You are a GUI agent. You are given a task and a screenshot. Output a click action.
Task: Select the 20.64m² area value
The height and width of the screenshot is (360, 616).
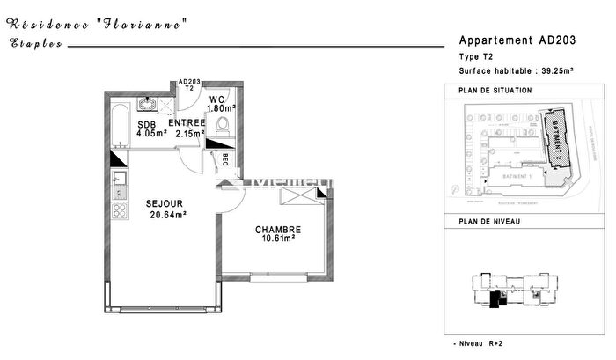click(x=168, y=214)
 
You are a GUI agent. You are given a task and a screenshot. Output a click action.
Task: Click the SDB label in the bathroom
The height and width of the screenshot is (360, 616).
click(x=146, y=125)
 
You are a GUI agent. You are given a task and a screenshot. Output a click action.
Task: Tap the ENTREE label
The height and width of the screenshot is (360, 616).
click(x=187, y=123)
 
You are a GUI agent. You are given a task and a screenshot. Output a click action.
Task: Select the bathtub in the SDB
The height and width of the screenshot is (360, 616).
click(x=119, y=124)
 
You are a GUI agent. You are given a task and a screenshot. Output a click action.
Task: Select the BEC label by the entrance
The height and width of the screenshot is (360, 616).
click(x=225, y=160)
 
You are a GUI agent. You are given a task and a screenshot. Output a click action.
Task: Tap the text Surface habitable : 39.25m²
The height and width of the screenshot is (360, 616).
click(x=517, y=70)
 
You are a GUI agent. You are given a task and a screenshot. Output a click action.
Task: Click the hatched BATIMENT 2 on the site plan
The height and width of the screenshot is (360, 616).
click(x=556, y=140)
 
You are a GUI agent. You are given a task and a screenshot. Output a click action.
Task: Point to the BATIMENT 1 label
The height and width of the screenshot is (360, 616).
click(x=517, y=176)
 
